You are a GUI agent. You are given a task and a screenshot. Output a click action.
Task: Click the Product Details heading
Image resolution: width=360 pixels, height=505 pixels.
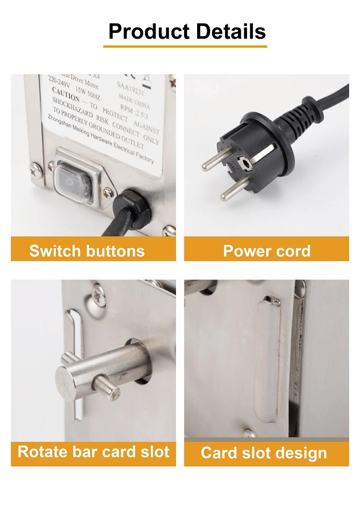point(187,32)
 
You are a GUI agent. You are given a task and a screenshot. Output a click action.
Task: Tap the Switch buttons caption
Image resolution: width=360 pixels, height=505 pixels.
point(87,251)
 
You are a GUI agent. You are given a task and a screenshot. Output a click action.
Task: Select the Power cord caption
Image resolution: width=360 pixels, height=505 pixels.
point(267,251)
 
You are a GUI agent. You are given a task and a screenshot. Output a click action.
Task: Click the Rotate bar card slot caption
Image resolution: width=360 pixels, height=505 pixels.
point(93,452)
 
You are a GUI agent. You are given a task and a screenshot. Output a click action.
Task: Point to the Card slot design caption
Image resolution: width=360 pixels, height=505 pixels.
point(264,453)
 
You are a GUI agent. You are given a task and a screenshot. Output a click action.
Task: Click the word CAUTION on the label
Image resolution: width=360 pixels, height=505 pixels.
point(66,97)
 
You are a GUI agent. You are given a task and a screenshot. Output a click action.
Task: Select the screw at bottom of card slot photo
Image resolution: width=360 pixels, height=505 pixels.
point(249,434)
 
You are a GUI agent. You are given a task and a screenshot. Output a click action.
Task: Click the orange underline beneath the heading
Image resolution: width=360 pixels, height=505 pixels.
point(185,46)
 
